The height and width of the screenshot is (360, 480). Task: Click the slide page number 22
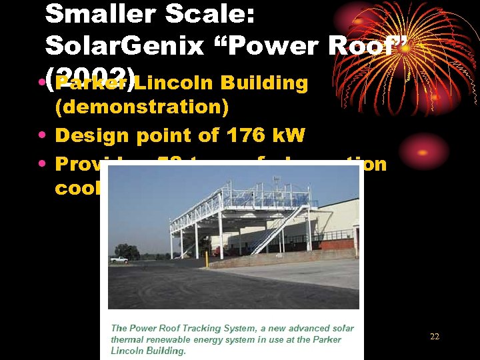435,337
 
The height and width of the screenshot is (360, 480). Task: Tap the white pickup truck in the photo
119,259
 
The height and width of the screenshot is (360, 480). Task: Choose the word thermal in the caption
127,339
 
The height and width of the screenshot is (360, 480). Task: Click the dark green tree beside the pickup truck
126,252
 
